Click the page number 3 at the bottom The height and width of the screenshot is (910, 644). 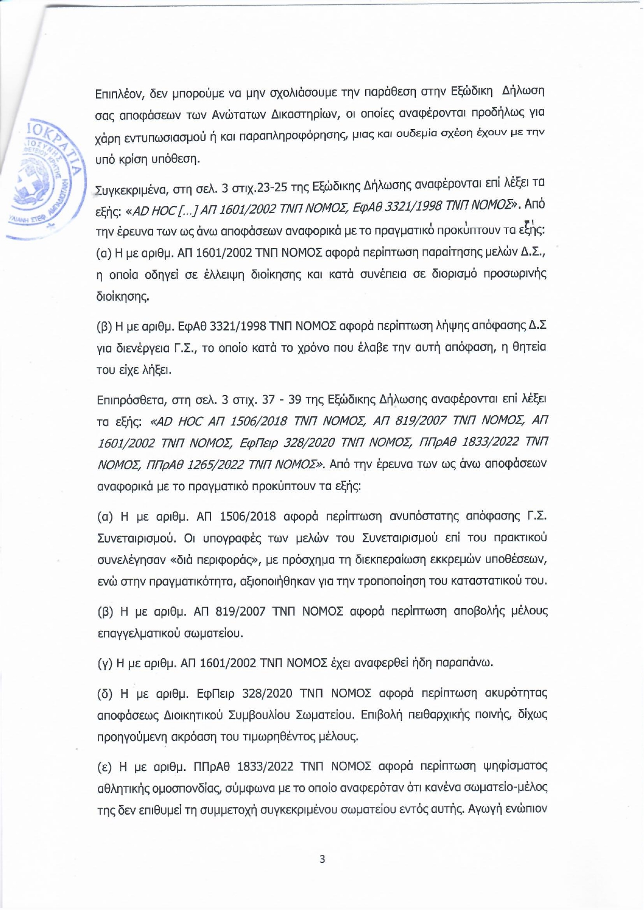coord(322,859)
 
